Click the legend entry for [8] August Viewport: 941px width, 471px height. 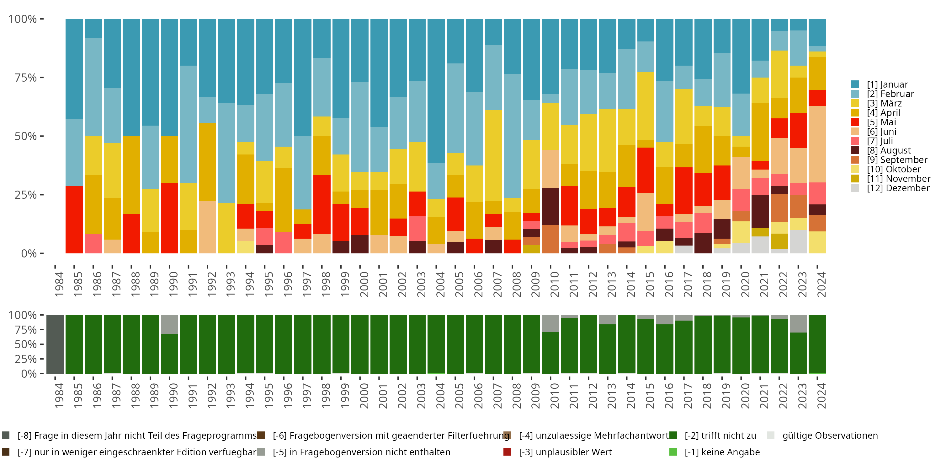[888, 150]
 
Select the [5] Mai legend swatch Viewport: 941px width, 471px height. [855, 122]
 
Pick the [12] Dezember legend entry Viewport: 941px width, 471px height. [898, 188]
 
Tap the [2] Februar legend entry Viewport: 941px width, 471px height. [890, 94]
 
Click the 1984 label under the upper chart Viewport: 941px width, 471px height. [59, 284]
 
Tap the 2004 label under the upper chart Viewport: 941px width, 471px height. [440, 284]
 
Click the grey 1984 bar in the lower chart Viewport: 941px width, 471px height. [55, 344]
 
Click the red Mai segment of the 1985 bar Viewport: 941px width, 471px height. [74, 219]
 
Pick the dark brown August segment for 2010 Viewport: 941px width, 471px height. [550, 206]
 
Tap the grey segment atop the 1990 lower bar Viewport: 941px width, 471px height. [169, 324]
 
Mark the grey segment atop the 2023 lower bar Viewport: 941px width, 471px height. [798, 324]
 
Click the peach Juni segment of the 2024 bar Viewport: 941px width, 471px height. [817, 144]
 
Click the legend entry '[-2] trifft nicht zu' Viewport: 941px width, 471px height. [720, 436]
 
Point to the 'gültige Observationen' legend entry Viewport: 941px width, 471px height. [829, 436]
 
